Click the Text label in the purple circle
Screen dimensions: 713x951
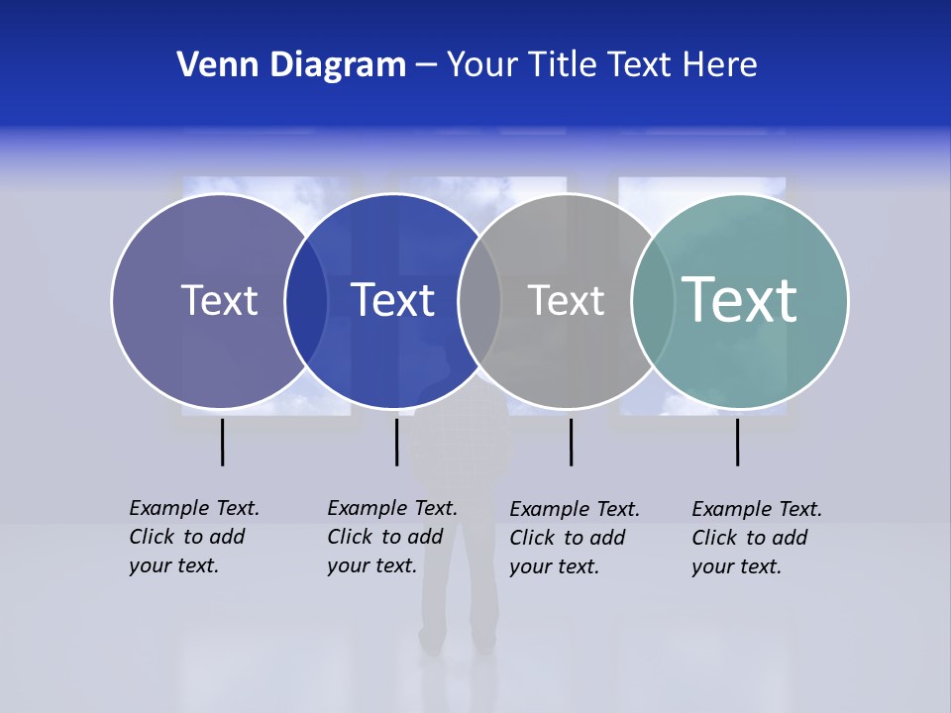(x=219, y=300)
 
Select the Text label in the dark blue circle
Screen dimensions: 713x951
(x=392, y=300)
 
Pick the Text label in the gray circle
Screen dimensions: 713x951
(x=566, y=300)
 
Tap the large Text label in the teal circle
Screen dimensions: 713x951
(x=739, y=300)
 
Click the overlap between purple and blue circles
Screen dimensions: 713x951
(x=306, y=301)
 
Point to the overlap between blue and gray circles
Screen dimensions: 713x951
(x=479, y=301)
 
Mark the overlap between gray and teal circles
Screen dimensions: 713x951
(x=653, y=301)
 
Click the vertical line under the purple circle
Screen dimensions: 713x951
(x=223, y=442)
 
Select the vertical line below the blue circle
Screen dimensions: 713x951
(x=396, y=442)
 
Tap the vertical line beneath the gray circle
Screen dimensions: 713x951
(x=571, y=442)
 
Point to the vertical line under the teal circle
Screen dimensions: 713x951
(x=737, y=442)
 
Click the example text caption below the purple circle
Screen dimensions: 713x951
(x=194, y=537)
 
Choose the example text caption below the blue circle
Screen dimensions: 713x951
(x=392, y=537)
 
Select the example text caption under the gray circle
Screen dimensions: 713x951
(x=575, y=538)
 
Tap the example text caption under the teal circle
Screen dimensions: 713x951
(x=757, y=538)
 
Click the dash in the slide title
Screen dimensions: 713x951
(x=426, y=65)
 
